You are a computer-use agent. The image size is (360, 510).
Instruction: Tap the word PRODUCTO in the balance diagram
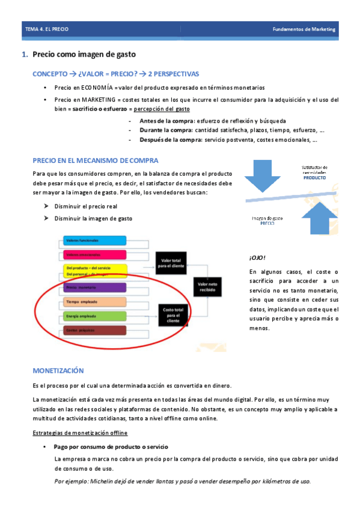pos(314,178)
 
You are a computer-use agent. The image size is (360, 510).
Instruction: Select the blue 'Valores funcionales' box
pos(94,241)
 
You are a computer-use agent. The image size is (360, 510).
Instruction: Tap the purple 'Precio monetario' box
pos(94,287)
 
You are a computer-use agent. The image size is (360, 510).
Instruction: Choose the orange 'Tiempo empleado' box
pos(94,302)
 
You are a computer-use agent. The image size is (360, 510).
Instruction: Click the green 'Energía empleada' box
pos(94,316)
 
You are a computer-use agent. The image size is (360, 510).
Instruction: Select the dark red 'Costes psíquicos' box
pos(94,330)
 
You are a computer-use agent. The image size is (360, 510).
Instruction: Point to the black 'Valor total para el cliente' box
pos(173,262)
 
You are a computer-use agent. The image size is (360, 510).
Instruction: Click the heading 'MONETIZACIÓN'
pos(58,370)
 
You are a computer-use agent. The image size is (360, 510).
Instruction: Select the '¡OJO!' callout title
pos(257,257)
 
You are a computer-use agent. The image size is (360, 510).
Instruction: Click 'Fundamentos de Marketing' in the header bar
pos(304,29)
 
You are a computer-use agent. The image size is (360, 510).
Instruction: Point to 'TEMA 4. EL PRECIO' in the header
pos(47,29)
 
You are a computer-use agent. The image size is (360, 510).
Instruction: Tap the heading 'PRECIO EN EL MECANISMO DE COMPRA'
pos(96,161)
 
